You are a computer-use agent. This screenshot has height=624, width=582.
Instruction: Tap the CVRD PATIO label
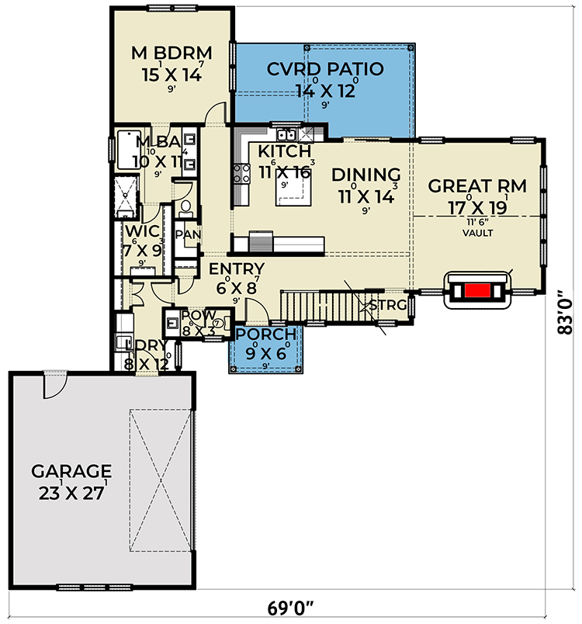click(325, 69)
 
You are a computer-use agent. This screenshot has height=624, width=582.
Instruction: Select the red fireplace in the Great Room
click(476, 291)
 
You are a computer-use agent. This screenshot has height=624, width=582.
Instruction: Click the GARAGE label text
click(71, 471)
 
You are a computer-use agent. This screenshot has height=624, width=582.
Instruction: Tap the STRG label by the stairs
click(387, 305)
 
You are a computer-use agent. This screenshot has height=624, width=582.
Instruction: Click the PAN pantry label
click(186, 234)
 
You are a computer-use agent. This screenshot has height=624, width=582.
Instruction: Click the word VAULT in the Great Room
click(477, 232)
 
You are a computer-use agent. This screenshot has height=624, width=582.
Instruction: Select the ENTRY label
click(237, 269)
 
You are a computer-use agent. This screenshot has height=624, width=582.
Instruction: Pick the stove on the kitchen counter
click(241, 175)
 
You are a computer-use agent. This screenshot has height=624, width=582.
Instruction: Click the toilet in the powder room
click(218, 324)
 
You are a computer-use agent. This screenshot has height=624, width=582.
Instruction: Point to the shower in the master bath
click(125, 197)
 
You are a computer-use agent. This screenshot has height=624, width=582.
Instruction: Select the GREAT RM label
click(477, 186)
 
